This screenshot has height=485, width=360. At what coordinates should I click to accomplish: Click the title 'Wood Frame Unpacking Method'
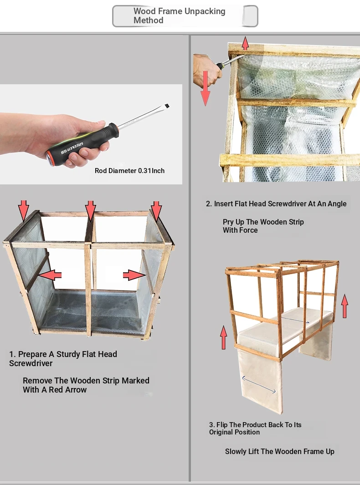point(179,16)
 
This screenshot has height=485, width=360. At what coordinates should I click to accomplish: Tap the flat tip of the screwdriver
point(167,106)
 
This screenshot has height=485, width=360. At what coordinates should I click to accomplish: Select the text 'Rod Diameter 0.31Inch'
point(129,171)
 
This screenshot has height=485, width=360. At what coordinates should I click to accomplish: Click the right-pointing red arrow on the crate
point(134,275)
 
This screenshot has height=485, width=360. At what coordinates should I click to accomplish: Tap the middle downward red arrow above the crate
point(90,211)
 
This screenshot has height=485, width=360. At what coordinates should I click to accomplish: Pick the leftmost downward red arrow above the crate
point(24,211)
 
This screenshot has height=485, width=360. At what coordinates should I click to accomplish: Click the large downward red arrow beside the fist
point(205,88)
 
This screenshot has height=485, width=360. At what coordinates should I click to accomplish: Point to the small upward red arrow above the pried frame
point(245,43)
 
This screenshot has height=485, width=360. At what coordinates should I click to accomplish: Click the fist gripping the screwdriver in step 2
point(207,71)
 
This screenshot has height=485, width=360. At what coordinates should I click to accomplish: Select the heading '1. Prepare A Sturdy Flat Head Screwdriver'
point(63,358)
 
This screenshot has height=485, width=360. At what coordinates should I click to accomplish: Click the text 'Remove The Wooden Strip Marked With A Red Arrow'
point(86,385)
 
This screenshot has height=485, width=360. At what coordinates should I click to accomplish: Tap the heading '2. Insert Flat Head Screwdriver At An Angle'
point(276,204)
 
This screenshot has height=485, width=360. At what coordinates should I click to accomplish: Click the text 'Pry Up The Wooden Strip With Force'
point(263,226)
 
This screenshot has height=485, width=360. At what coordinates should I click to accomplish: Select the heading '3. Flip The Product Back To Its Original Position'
point(255,429)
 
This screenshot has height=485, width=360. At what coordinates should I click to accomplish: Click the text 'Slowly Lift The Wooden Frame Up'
point(279,452)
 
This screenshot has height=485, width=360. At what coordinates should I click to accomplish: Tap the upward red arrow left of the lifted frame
point(223,337)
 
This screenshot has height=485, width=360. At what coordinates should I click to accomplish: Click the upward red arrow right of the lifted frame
point(345,306)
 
